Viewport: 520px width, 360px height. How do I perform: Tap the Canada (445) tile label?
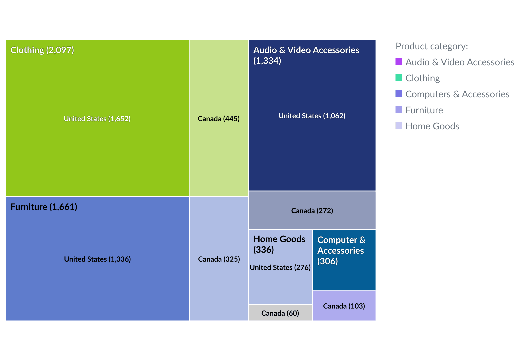[x=219, y=119]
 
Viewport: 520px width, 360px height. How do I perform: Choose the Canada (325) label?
[x=219, y=259]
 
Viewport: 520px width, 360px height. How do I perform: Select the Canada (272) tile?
[x=312, y=210]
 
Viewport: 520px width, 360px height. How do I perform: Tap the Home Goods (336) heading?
[x=279, y=244]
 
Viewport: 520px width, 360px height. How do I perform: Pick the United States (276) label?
[x=280, y=267]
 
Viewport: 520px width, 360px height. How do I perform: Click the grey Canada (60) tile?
[x=280, y=313]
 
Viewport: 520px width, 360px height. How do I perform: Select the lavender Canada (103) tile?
[x=344, y=306]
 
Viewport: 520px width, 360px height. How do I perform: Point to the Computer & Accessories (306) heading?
[x=341, y=250]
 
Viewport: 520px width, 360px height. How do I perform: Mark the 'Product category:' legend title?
[x=432, y=46]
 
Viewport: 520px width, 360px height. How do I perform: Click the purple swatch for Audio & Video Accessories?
[x=399, y=62]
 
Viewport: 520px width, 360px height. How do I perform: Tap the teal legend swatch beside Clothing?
[x=399, y=78]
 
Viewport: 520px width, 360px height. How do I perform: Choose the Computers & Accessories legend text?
[x=457, y=94]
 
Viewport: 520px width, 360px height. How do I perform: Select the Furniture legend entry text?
[x=424, y=110]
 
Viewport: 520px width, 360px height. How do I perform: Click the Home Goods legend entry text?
[x=432, y=126]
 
